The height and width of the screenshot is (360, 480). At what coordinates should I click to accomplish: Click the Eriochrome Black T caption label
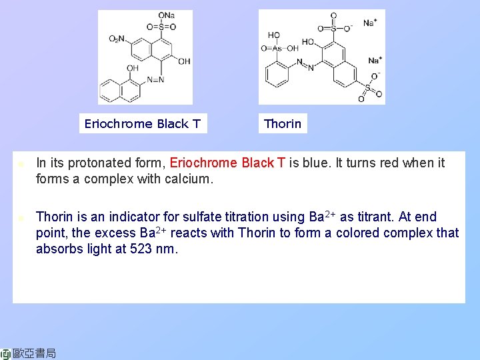[142, 123]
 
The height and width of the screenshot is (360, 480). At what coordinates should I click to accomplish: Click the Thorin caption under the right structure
[283, 123]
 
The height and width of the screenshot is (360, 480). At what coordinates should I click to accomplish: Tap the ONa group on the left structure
[166, 16]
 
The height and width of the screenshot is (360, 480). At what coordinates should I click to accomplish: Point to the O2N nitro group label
[117, 39]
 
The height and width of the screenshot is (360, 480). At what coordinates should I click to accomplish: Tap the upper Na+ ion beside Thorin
[370, 23]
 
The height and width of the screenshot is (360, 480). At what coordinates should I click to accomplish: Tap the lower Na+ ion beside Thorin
[375, 61]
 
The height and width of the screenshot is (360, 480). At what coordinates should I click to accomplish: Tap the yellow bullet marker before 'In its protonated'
[21, 163]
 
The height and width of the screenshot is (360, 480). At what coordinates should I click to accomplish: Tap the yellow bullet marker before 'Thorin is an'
[21, 217]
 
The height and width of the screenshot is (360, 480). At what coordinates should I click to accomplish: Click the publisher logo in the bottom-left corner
[29, 353]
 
